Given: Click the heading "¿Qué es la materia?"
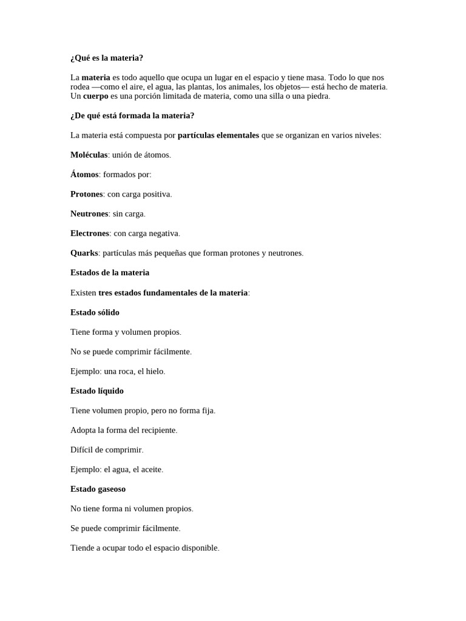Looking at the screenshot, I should pyautogui.click(x=107, y=58).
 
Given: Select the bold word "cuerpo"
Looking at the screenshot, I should pyautogui.click(x=96, y=96).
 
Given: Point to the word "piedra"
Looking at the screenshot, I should pyautogui.click(x=317, y=96).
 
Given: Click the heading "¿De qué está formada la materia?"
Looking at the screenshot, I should pyautogui.click(x=132, y=116).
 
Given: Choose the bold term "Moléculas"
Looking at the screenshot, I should pyautogui.click(x=89, y=155).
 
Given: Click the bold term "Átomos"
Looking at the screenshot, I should pyautogui.click(x=84, y=175).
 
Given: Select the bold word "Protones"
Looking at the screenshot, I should pyautogui.click(x=87, y=194).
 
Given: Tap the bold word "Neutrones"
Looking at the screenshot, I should pyautogui.click(x=89, y=214).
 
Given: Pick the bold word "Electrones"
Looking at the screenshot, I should pyautogui.click(x=90, y=233).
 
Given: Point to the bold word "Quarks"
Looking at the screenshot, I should pyautogui.click(x=84, y=253).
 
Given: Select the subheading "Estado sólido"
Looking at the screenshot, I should pyautogui.click(x=95, y=312).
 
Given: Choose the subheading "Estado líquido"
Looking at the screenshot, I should pyautogui.click(x=97, y=391).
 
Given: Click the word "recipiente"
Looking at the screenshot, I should pyautogui.click(x=158, y=430).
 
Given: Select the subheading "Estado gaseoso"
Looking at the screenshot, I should pyautogui.click(x=98, y=489).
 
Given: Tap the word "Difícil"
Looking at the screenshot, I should pyautogui.click(x=83, y=450).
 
